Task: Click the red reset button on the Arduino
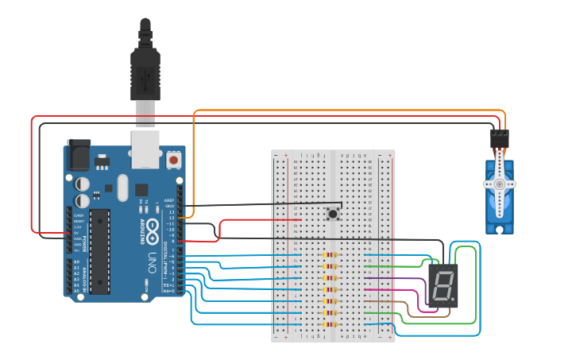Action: (173, 160)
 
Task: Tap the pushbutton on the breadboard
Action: (333, 213)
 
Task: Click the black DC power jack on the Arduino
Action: (79, 155)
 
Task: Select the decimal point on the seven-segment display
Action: (455, 300)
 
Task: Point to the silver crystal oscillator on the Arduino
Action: (122, 188)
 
